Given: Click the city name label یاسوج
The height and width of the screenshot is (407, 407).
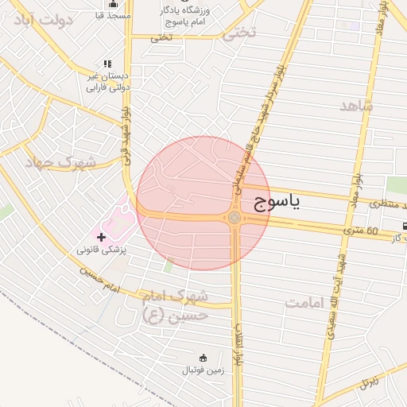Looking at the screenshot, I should pyautogui.click(x=277, y=203).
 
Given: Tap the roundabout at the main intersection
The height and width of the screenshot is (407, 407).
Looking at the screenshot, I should pyautogui.click(x=235, y=217).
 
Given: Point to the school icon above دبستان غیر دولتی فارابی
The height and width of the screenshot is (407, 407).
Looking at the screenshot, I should pyautogui.click(x=107, y=64).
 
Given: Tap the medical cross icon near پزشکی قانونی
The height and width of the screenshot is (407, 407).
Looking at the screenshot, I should pyautogui.click(x=101, y=237).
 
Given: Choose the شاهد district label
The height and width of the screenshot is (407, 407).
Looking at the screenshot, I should pyautogui.click(x=356, y=106).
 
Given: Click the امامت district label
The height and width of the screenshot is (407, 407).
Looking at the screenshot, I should pyautogui.click(x=307, y=303).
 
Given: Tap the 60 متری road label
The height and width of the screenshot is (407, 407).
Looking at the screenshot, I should pyautogui.click(x=361, y=231).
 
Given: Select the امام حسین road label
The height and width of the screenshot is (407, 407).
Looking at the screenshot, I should pyautogui.click(x=99, y=281).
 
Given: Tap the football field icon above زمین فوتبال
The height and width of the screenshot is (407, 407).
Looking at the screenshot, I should pyautogui.click(x=203, y=357).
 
